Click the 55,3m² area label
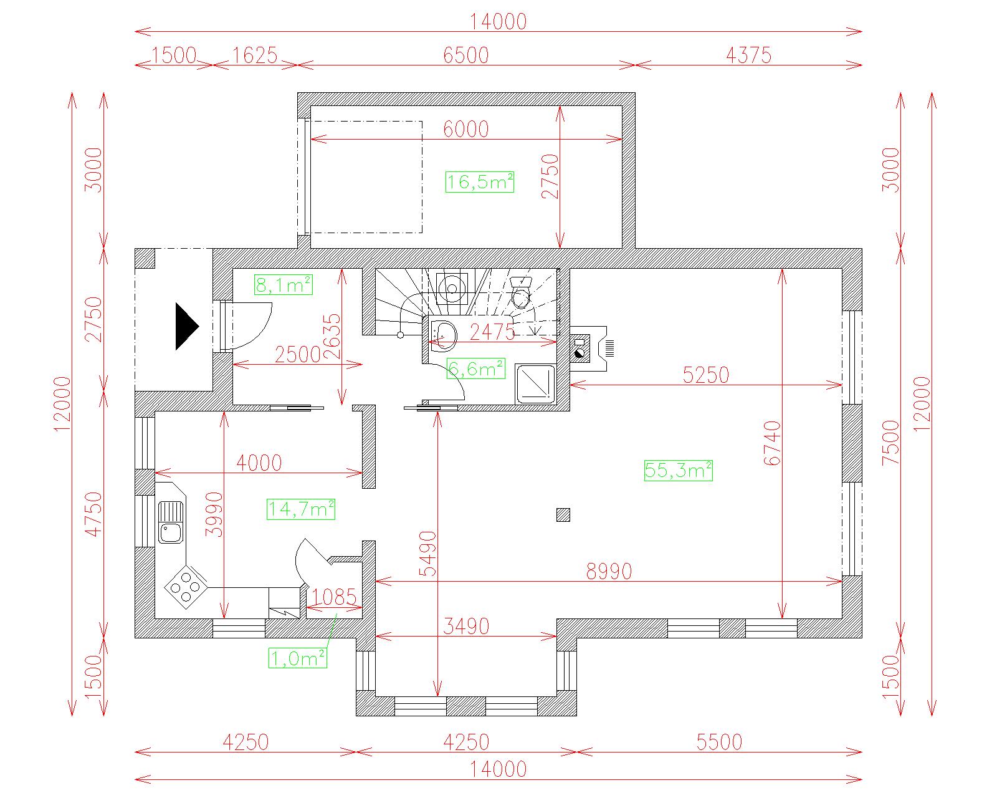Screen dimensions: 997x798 pyautogui.click(x=678, y=470)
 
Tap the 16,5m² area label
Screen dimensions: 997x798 pyautogui.click(x=480, y=181)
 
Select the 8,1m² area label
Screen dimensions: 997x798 pyautogui.click(x=284, y=284)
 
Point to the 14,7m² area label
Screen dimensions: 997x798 pyautogui.click(x=301, y=509)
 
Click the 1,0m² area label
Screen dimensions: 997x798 pyautogui.click(x=297, y=658)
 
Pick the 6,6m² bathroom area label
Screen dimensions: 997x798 pyautogui.click(x=476, y=368)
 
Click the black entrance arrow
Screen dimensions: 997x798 pyautogui.click(x=187, y=326)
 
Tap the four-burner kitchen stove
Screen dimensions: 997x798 pyautogui.click(x=186, y=587)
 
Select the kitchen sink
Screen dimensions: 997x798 pyautogui.click(x=171, y=522)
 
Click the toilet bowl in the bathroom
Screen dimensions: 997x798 pyautogui.click(x=521, y=292)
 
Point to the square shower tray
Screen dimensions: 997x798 pyautogui.click(x=535, y=385)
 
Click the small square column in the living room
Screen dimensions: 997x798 pyautogui.click(x=563, y=515)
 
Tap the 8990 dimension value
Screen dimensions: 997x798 pyautogui.click(x=609, y=571)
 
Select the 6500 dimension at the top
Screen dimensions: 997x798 pyautogui.click(x=465, y=55)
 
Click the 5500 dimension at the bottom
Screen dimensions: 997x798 pyautogui.click(x=719, y=742)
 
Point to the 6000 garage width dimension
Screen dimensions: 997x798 pyautogui.click(x=465, y=130)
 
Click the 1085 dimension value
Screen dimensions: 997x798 pyautogui.click(x=333, y=597)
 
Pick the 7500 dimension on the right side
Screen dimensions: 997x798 pyautogui.click(x=890, y=443)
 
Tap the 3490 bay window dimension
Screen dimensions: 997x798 pyautogui.click(x=465, y=627)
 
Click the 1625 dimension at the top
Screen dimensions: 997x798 pyautogui.click(x=254, y=55)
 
